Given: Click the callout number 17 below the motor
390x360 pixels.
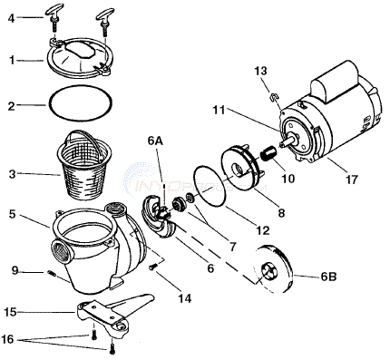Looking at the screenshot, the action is pos(351,180).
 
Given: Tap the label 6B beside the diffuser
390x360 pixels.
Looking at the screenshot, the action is pos(328,277).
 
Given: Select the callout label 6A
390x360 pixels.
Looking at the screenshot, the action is pos(156,141).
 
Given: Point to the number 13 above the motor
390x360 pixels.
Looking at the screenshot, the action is pos(260,71).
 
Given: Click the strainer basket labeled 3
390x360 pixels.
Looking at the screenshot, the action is pos(84,168).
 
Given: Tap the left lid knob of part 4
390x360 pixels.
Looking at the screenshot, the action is pos(54,18).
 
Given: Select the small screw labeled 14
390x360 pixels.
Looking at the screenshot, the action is pos(153,267).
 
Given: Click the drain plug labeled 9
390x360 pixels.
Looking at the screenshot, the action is pos(53,274).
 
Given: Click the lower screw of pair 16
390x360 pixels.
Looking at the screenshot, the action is pos(112,350).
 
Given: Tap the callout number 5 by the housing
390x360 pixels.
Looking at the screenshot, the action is pos(12,215).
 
